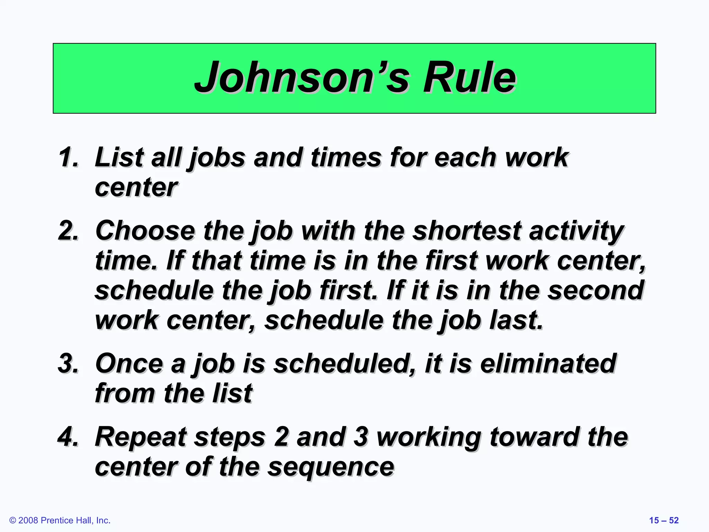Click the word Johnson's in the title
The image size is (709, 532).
(301, 78)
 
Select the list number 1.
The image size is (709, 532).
(68, 158)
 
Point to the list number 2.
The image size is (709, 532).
(68, 231)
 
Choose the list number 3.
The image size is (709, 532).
(68, 364)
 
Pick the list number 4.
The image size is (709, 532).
(68, 437)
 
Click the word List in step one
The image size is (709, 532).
(119, 158)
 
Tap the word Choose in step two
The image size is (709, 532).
(145, 231)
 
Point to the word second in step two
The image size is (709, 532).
(595, 290)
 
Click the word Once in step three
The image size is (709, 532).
(129, 364)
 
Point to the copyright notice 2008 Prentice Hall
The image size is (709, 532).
(60, 520)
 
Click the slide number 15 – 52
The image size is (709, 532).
(664, 520)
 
